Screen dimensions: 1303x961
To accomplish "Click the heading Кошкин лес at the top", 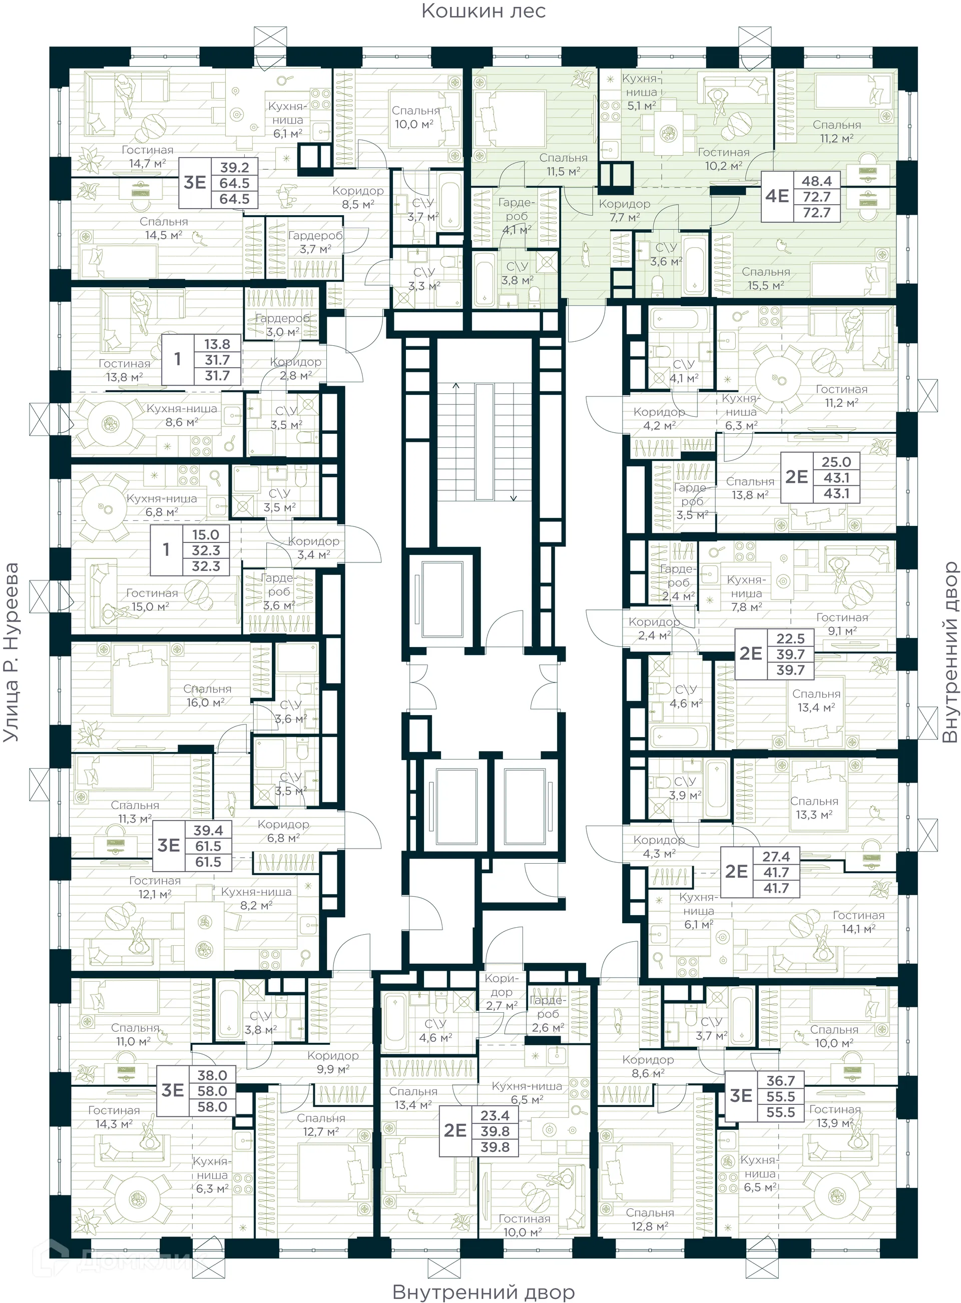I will pos(484,11).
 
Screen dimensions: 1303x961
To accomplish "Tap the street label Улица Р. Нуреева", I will pos(11,652).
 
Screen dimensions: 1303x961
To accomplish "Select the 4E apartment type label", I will pos(777,196).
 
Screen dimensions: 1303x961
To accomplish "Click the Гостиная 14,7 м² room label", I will pos(147,157).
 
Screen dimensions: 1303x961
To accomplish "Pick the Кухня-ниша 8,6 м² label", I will pos(182,415).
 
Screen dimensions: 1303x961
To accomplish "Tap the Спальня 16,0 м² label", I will pos(207,696).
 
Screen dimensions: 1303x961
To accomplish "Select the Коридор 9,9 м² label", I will pos(333,1062).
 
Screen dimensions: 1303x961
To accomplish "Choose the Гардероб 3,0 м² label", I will pos(282,325).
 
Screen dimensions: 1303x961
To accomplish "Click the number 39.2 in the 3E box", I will pos(234,168).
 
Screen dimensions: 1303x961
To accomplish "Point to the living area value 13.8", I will pos(217,344).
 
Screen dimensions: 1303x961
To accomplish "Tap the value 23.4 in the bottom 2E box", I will pos(495,1115).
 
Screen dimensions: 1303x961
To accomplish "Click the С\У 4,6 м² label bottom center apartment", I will pos(435,1030).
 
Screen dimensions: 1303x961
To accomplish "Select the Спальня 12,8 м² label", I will pos(650,1219).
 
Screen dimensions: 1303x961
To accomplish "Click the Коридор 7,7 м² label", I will pos(624,211).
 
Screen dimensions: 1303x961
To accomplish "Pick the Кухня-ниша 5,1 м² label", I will pos(641,92).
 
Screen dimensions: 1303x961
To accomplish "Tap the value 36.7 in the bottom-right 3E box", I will pos(780,1080).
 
